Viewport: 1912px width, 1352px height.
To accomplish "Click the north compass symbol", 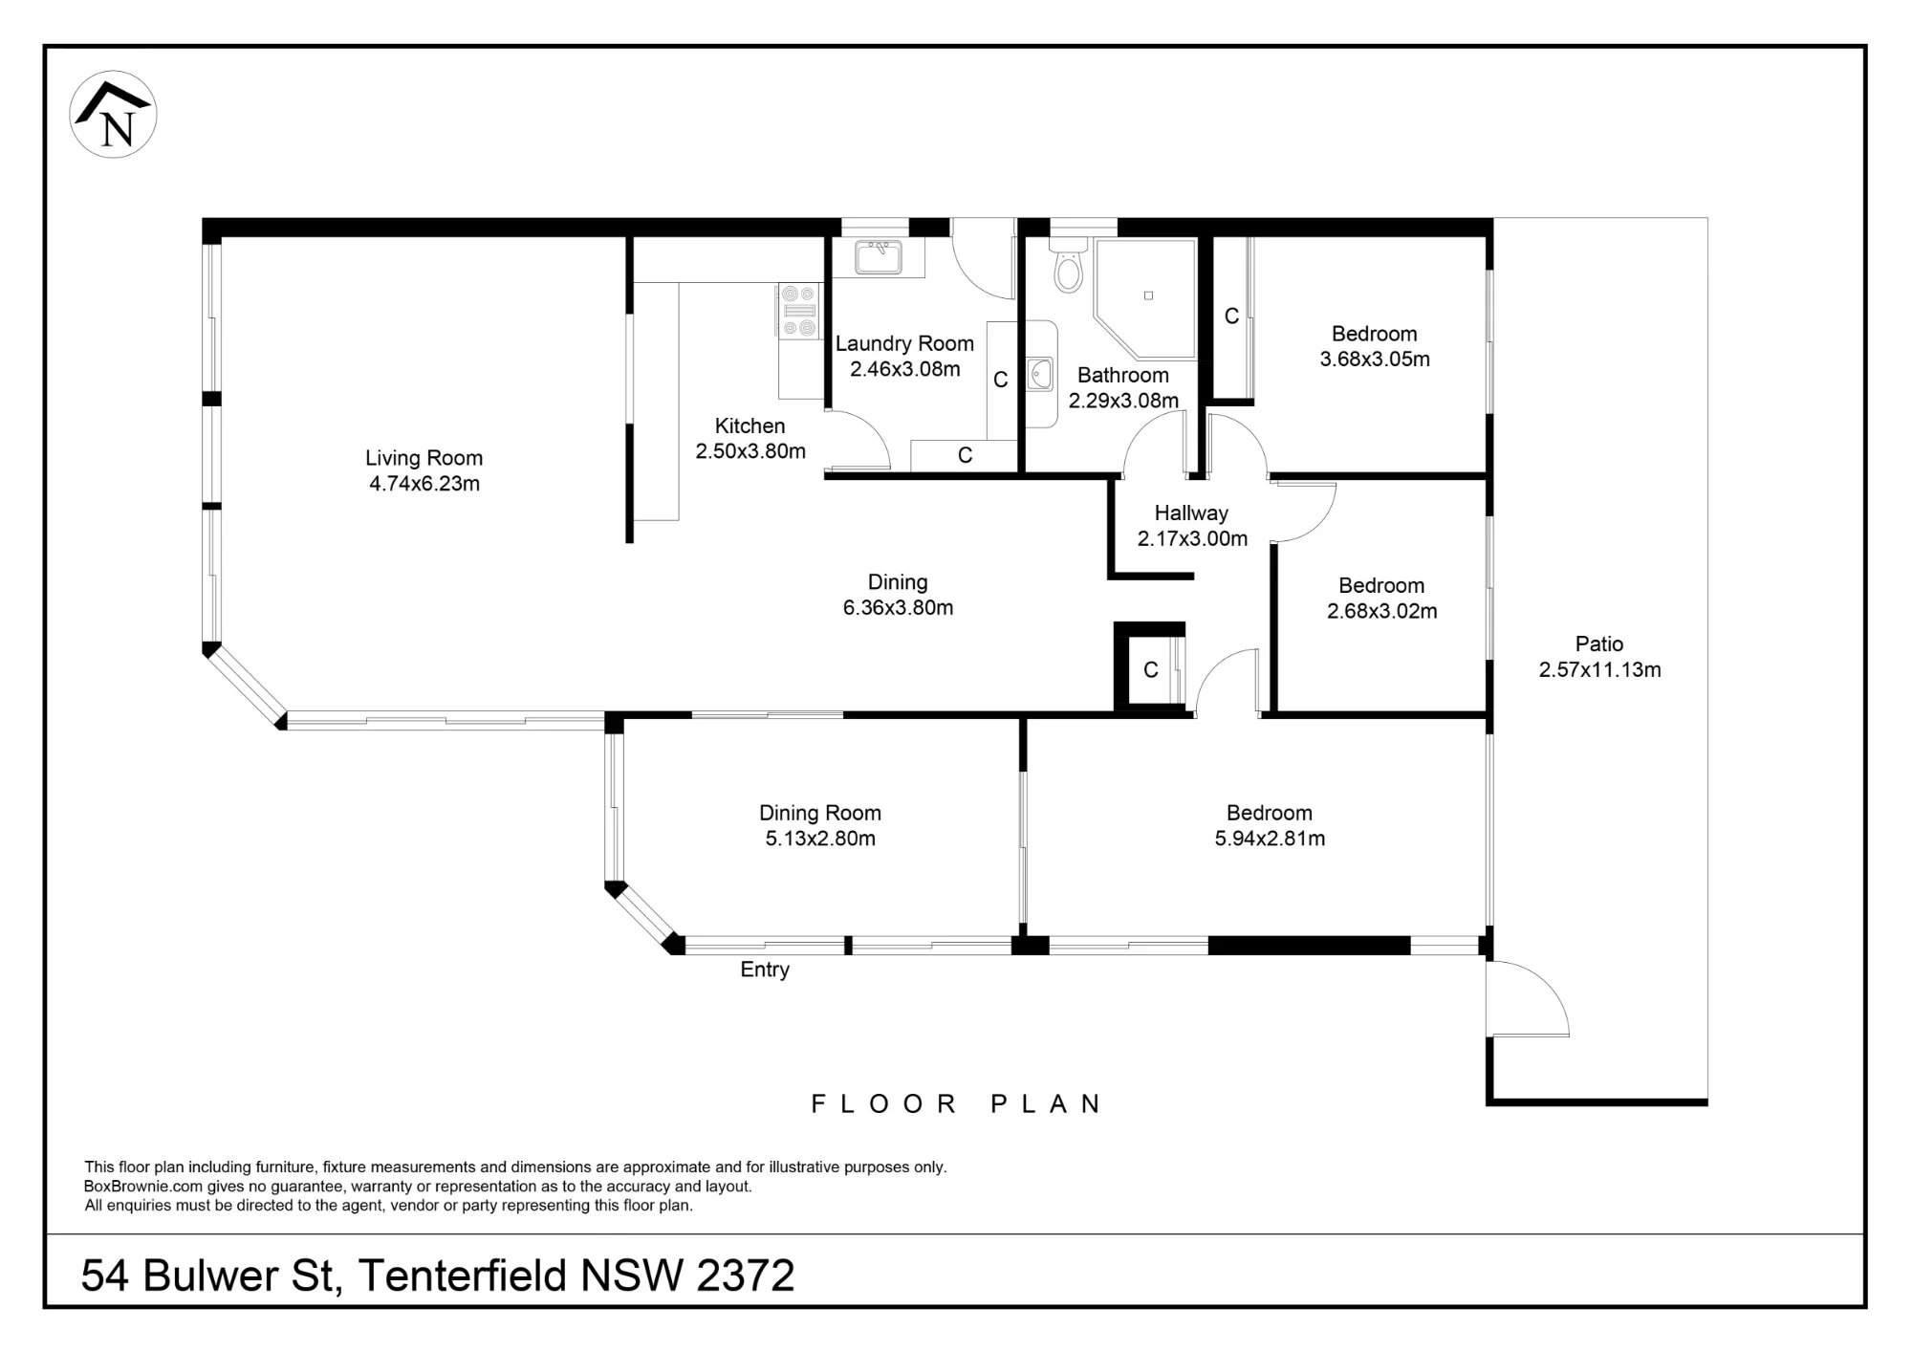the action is click(114, 115).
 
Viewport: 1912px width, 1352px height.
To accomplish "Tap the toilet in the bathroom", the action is click(1068, 265).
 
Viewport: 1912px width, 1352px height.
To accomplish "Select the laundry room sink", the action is click(879, 257).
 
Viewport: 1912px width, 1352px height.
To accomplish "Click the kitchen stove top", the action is click(799, 311).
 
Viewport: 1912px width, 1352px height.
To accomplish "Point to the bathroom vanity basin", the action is click(1039, 374).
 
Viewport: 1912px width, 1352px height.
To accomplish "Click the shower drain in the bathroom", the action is click(1148, 295).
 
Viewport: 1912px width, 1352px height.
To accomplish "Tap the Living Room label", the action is click(424, 458).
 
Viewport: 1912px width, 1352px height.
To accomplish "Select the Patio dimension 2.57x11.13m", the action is click(1599, 669).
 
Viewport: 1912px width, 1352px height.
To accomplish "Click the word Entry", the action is click(765, 970).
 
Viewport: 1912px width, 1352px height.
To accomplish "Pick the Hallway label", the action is click(1191, 513).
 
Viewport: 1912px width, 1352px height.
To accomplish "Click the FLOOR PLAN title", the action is click(956, 1103).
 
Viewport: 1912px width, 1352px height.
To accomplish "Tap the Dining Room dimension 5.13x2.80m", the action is click(820, 839).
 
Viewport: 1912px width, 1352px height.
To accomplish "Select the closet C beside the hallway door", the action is click(1151, 670).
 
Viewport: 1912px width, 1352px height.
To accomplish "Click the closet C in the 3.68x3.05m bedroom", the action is click(1231, 316).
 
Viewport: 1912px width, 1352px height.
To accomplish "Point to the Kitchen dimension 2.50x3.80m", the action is click(750, 451).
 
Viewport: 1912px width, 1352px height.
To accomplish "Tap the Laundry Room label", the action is click(904, 343).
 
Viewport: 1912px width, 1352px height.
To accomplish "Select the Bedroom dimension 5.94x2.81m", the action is click(1270, 839).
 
